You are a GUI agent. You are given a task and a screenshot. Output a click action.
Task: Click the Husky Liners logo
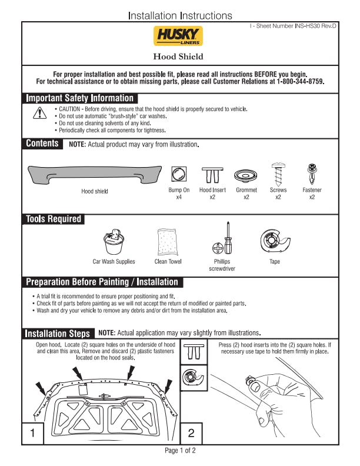178,36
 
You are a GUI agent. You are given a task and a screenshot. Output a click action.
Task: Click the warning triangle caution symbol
40,114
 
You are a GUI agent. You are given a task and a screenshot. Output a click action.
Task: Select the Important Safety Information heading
80,98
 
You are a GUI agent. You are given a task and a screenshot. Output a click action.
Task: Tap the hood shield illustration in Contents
94,175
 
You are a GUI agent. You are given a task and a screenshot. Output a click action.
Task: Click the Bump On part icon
179,174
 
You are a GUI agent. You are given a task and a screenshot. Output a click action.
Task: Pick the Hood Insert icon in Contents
212,175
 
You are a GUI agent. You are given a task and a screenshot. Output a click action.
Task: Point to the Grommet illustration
246,175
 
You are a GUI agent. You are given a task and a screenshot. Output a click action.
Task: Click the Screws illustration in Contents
278,174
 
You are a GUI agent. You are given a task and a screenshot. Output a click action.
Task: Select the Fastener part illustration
312,174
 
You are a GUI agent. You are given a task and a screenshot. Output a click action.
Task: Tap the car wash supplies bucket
114,241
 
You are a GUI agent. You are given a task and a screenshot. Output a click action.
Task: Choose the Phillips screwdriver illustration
222,238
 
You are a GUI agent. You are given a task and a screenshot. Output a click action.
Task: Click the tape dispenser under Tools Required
274,241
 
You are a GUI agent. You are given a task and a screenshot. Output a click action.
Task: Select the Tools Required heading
54,219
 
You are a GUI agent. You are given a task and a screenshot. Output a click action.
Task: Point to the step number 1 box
33,434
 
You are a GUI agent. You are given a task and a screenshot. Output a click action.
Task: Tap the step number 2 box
191,434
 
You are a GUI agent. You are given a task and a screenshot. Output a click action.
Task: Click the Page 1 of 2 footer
180,451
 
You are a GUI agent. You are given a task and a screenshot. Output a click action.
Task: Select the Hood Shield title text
178,56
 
